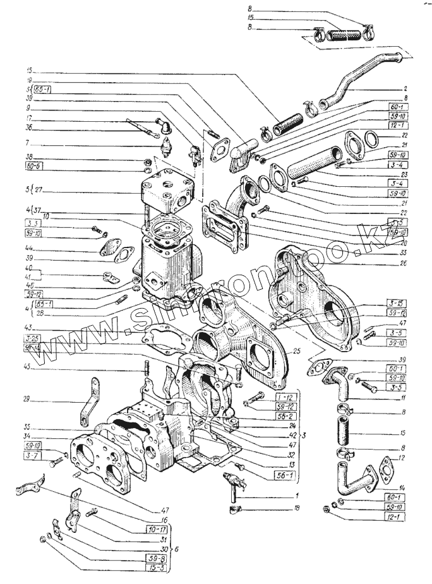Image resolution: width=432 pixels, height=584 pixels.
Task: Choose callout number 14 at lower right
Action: coord(402,488)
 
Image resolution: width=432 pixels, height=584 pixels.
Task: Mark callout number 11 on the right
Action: coord(402,399)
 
